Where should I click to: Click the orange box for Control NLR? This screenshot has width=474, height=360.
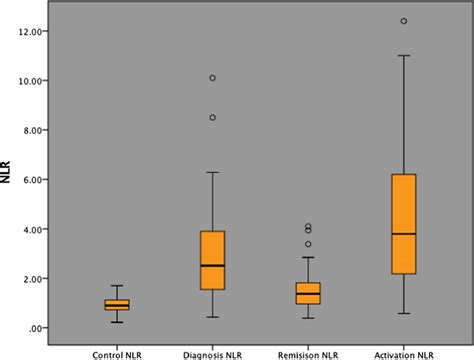[x=117, y=305]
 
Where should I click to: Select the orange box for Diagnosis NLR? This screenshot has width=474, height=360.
[x=213, y=260]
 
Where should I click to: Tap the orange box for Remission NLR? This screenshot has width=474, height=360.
[x=308, y=293]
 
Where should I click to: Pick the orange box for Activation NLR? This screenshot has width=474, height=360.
[x=403, y=223]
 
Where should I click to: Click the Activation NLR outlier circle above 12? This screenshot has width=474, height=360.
[x=403, y=21]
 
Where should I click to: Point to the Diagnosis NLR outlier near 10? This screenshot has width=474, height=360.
[x=213, y=78]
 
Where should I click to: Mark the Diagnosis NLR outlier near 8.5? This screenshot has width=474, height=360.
[x=213, y=117]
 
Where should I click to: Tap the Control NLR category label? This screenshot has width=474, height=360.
[x=117, y=352]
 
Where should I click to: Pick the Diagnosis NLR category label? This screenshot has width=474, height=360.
[x=213, y=352]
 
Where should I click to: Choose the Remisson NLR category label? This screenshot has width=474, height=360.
[x=308, y=352]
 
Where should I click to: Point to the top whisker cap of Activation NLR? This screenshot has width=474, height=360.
[x=403, y=56]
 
